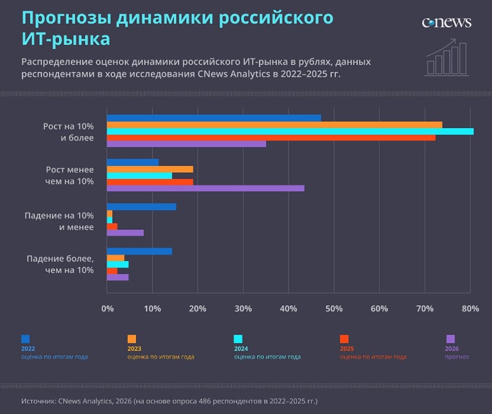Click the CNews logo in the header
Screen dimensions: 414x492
[446, 22]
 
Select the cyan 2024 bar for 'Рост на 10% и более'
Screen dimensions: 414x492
[290, 131]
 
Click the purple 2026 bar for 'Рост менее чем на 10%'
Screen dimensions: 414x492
[205, 188]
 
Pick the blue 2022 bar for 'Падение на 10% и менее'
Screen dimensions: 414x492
[141, 207]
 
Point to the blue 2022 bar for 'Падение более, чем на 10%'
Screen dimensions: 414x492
[139, 251]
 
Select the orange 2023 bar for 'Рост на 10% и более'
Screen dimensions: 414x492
[274, 125]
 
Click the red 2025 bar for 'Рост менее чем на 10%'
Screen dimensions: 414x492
[150, 182]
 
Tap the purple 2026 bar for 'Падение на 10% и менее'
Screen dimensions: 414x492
[125, 233]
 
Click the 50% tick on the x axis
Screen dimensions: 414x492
[334, 308]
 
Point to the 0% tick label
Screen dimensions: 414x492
[107, 308]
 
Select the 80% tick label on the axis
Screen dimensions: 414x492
[470, 308]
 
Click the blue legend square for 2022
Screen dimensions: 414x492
[25, 339]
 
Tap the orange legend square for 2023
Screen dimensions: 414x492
[131, 339]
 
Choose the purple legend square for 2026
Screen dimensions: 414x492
[451, 339]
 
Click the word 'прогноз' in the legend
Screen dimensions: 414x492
[457, 357]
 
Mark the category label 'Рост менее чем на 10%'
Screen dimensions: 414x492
[70, 175]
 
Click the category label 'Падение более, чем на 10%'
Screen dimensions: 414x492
[60, 264]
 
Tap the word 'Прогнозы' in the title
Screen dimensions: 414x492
[66, 18]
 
